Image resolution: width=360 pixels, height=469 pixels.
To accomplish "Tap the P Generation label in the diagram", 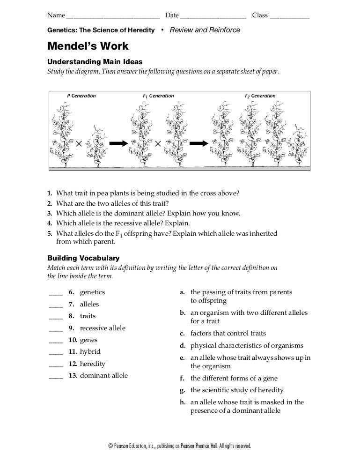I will click(81, 96).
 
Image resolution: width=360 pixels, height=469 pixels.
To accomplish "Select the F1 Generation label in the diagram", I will click(158, 96).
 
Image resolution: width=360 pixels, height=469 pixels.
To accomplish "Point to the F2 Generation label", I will click(260, 96).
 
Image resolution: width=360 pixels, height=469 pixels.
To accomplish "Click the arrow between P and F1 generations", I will click(118, 143).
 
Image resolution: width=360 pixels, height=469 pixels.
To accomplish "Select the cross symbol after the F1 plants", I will click(158, 143).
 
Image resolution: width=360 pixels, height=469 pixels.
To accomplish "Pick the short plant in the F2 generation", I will click(298, 145).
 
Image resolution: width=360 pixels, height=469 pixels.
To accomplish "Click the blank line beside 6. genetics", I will click(55, 294).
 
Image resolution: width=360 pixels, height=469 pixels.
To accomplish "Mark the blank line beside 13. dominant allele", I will click(55, 377).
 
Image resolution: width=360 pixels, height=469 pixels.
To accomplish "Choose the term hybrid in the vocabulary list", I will click(90, 351).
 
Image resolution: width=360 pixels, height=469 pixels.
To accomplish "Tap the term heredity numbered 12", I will click(93, 364).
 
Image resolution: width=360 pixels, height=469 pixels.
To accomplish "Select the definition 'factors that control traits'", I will click(228, 334).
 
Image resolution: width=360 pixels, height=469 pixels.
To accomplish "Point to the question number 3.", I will click(49, 213).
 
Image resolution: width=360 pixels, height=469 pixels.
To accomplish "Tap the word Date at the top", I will click(171, 15).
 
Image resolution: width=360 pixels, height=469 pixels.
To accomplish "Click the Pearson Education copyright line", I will click(180, 446).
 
